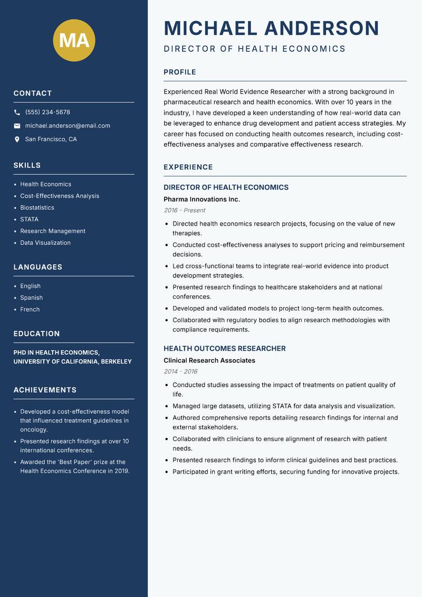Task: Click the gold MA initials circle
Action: [74, 40]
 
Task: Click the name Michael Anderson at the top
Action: [271, 28]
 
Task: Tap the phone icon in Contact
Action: [17, 113]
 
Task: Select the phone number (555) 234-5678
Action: [47, 113]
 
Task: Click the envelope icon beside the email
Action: [17, 126]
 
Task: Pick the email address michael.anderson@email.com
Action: [68, 126]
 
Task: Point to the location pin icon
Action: [17, 139]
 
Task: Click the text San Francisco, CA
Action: [51, 139]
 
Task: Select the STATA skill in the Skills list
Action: [29, 219]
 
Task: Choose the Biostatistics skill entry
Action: [37, 208]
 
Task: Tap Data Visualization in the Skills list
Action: [45, 243]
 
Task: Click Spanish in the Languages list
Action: [31, 298]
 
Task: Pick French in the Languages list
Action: [30, 310]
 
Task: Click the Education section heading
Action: [36, 334]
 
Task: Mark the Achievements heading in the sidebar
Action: [45, 390]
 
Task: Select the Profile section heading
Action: [179, 72]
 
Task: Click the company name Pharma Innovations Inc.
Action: [202, 199]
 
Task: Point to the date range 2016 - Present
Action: [184, 210]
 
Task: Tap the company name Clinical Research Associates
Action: [209, 360]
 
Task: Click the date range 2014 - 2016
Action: [180, 371]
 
